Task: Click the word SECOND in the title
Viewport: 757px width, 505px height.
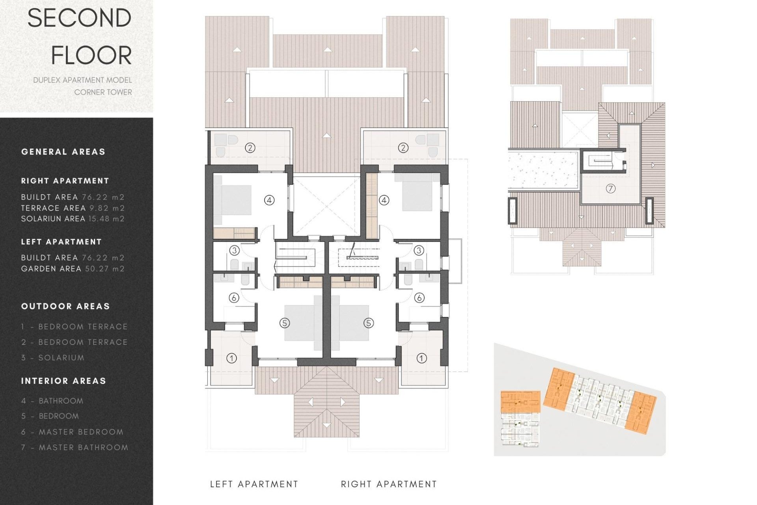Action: click(79, 18)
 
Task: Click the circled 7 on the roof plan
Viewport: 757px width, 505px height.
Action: click(610, 189)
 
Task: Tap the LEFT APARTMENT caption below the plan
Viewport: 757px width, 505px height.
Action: click(254, 484)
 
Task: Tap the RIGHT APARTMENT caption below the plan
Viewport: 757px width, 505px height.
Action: click(389, 484)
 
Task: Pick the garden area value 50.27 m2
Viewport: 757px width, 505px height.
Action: click(105, 269)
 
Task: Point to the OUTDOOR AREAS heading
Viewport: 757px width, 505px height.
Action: click(65, 306)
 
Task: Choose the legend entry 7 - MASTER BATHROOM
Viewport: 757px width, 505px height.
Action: click(75, 447)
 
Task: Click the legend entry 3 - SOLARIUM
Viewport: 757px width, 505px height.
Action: click(53, 358)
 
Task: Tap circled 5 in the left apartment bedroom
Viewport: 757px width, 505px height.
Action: click(285, 323)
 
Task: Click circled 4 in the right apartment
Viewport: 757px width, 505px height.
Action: click(384, 200)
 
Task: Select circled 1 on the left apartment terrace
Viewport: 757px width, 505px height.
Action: click(231, 358)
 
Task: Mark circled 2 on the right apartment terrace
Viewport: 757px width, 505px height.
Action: click(403, 148)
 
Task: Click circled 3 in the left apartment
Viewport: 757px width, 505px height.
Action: click(234, 250)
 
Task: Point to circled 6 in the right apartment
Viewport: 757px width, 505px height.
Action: click(419, 298)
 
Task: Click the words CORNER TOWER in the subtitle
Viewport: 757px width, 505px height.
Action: click(103, 92)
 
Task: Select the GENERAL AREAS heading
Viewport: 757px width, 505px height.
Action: click(63, 152)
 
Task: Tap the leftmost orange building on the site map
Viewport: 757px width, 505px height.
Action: click(520, 402)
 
